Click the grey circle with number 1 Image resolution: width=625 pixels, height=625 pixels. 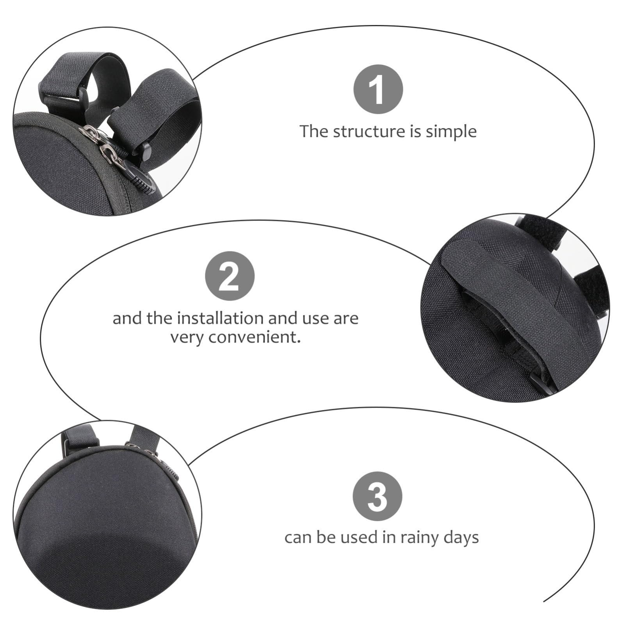378,89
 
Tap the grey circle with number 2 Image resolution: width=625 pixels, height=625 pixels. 230,276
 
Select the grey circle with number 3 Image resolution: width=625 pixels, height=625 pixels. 377,496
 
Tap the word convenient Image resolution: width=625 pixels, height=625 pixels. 255,337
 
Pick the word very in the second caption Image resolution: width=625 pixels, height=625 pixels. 187,338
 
